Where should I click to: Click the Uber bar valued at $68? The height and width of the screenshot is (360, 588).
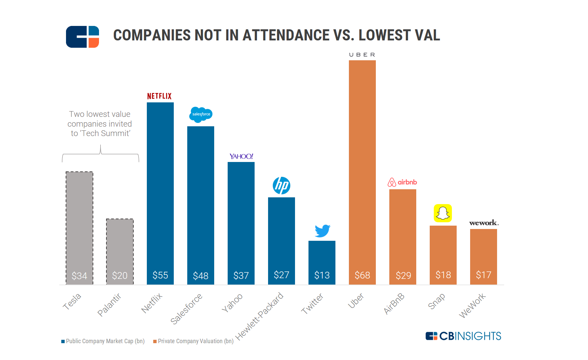pos(362,168)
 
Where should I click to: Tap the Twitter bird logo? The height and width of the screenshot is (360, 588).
pos(322,231)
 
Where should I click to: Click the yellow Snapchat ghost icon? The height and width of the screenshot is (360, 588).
pos(443,213)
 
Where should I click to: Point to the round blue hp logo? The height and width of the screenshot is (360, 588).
pos(282,186)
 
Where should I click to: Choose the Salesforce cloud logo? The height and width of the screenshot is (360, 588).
pos(201,114)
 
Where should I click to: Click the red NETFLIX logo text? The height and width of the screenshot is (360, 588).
pos(159,96)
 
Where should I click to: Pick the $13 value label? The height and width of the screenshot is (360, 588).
pos(322,275)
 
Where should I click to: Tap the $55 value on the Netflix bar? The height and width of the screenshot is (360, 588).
pos(160,275)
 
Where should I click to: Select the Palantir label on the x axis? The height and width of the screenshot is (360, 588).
pos(109,305)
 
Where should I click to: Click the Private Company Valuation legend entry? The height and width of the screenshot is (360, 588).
pos(194,341)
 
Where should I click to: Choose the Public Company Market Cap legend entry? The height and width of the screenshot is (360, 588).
pos(103,341)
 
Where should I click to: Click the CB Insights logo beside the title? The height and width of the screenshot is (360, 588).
pos(83,37)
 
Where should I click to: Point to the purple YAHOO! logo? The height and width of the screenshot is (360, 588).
pos(241,156)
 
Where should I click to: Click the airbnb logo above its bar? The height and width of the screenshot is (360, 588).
pos(402,182)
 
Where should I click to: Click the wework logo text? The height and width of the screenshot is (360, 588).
pos(484,223)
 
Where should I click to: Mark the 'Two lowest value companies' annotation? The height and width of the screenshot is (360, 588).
pos(100,124)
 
